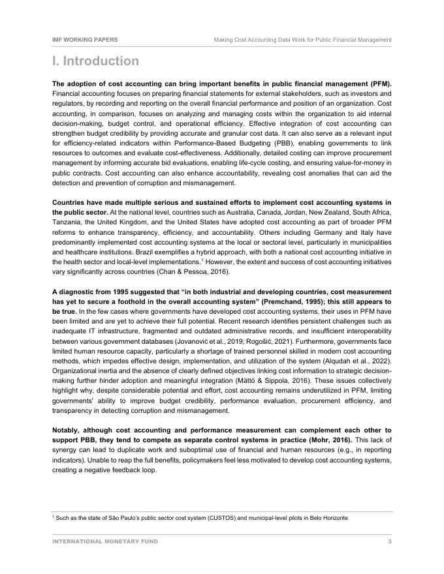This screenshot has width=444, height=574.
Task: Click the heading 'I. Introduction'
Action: [95, 61]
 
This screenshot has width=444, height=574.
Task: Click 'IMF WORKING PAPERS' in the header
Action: [85, 40]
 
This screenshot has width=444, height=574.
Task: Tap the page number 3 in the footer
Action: [389, 541]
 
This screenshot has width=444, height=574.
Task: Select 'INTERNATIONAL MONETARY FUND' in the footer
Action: [105, 541]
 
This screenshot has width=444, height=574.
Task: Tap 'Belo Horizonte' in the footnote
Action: [326, 518]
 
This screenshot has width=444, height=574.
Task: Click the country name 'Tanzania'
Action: [68, 222]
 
